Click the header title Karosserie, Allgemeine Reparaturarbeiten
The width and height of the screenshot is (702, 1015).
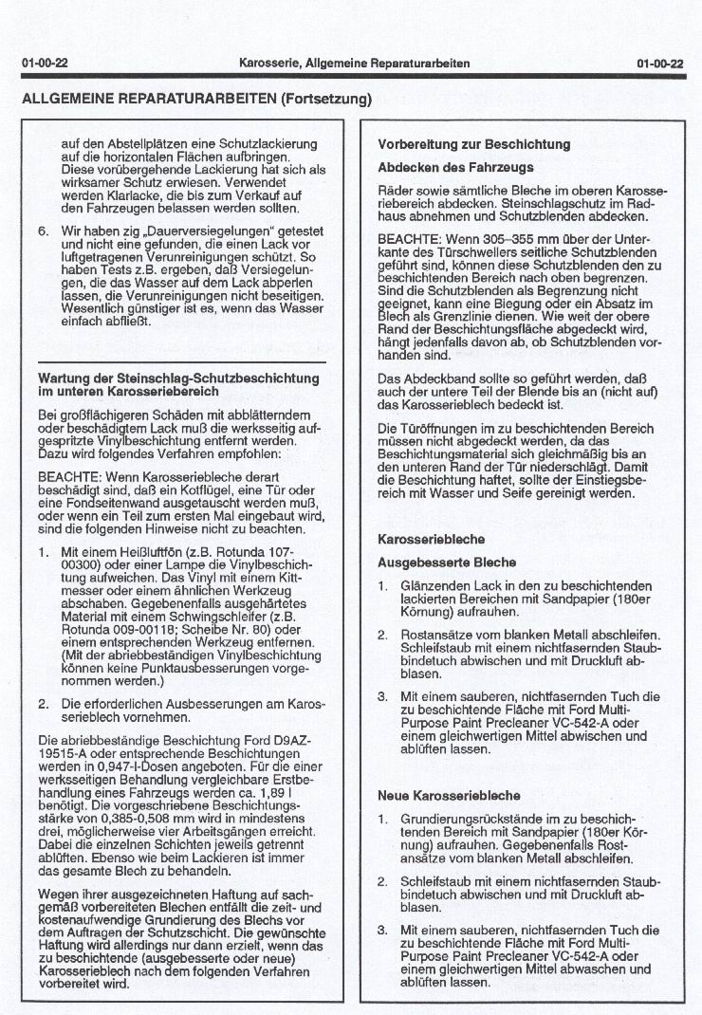(x=355, y=64)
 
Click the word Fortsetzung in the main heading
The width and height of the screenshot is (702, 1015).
(x=324, y=99)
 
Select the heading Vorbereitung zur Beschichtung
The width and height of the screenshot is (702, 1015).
(x=473, y=145)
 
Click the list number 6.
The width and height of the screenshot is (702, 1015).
(x=43, y=231)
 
